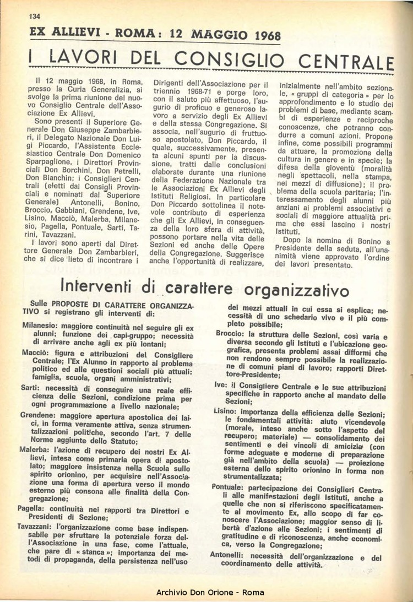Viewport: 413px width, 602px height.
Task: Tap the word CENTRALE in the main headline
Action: pyautogui.click(x=355, y=61)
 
